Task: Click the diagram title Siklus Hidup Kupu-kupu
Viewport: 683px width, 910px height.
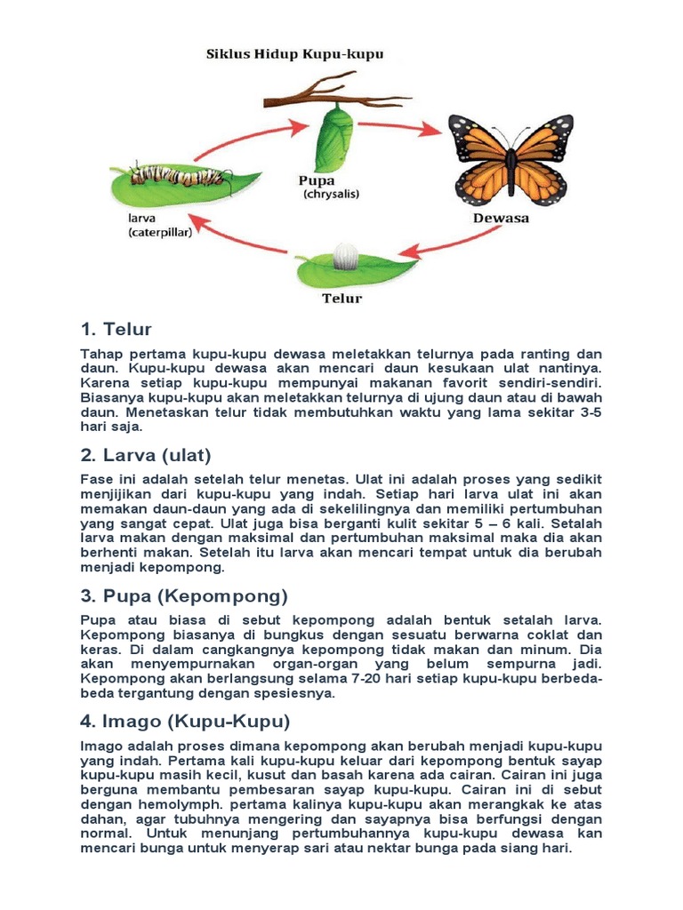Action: click(x=294, y=54)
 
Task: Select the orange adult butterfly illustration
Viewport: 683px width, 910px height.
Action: click(x=510, y=160)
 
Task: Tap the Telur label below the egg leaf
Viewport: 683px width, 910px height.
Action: click(x=341, y=299)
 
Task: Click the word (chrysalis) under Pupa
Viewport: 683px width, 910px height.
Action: click(x=331, y=194)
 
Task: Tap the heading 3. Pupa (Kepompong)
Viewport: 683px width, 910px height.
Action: click(x=184, y=595)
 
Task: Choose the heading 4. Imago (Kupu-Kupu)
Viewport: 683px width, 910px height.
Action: click(x=185, y=721)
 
